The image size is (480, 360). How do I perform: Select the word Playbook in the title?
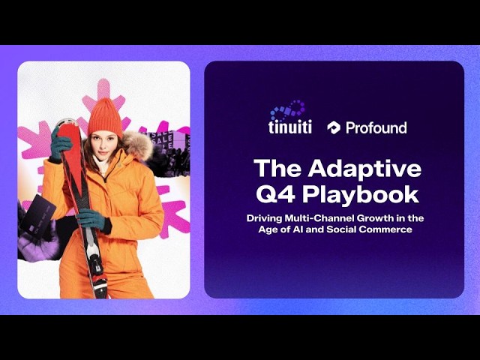coord(361,195)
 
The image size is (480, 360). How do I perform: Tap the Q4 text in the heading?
coord(277,195)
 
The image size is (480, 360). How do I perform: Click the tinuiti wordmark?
coord(290,127)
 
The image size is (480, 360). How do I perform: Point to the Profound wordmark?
coord(376,127)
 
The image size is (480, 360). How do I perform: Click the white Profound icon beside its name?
coord(333,127)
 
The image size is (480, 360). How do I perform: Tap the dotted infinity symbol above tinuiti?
coord(287,110)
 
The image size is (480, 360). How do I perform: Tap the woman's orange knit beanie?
coord(105,118)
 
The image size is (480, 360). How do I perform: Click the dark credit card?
coord(38,216)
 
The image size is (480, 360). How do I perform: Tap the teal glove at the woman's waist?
coord(91,220)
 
